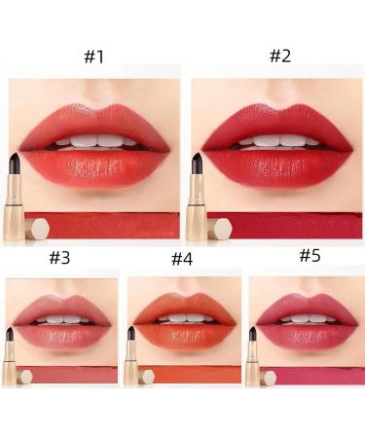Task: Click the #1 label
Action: tap(93, 56)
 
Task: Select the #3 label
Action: tap(59, 258)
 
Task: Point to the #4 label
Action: tap(182, 259)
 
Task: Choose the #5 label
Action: tap(309, 255)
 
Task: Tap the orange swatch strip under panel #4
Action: tap(195, 376)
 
